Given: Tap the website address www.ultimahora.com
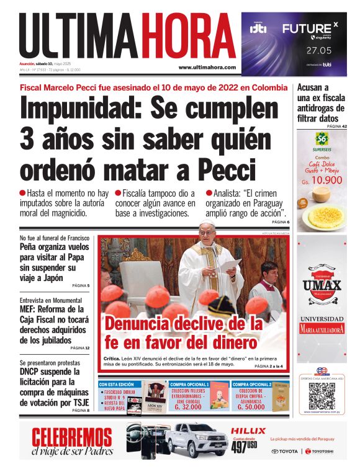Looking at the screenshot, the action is (x=207, y=67).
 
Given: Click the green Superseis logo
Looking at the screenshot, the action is (x=322, y=139).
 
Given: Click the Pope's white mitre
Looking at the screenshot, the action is (x=208, y=223).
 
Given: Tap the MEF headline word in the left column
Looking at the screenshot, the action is (x=30, y=308).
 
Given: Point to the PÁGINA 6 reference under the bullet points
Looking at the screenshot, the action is (x=279, y=221).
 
